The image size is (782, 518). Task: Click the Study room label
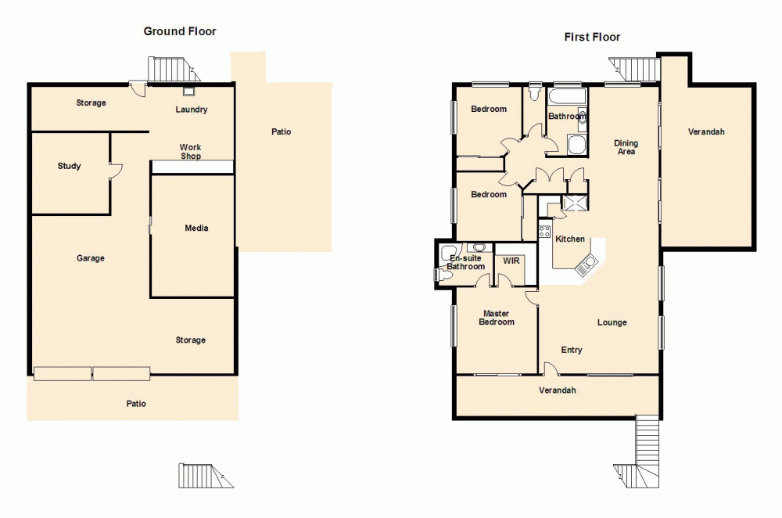point(69,166)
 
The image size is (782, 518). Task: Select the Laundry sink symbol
point(188,90)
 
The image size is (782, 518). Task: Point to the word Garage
point(91,258)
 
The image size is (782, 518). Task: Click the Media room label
point(196,228)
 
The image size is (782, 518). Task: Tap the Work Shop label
point(191,152)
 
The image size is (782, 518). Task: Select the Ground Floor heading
point(180,31)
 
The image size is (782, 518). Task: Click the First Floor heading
point(592,37)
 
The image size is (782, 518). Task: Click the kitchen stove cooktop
point(544,231)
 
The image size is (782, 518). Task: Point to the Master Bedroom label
point(497,318)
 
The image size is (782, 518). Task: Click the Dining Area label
point(626,147)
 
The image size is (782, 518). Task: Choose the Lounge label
point(612,322)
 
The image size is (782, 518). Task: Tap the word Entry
point(572,350)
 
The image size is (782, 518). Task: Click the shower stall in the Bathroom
point(577,145)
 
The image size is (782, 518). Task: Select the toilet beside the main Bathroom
point(534,93)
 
